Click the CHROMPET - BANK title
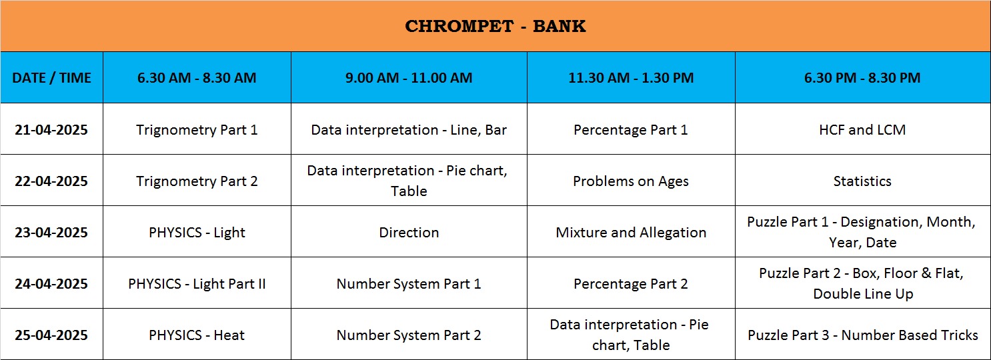(495, 26)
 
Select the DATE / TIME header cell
(51, 78)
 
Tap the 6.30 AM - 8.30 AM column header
(197, 78)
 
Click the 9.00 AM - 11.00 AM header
(409, 78)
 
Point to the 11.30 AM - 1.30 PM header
(631, 78)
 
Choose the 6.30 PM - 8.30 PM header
(862, 78)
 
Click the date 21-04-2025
(51, 129)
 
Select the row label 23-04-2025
(51, 232)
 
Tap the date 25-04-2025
(51, 335)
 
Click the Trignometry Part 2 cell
(197, 181)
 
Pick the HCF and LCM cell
(862, 129)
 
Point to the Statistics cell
(862, 181)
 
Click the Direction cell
(409, 232)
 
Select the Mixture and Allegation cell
(631, 233)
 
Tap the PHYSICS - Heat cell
(197, 335)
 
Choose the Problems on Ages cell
(631, 181)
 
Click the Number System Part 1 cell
(409, 284)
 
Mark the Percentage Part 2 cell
(631, 284)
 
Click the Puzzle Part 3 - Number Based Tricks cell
(863, 335)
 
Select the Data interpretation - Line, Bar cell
(409, 130)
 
